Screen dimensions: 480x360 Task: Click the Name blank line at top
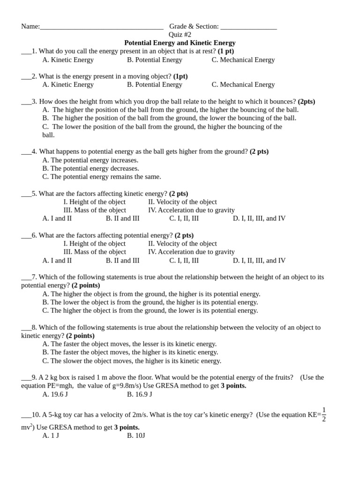(x=101, y=27)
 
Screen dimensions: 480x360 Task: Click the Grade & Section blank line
(x=248, y=27)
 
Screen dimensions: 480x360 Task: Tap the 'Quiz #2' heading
(x=180, y=35)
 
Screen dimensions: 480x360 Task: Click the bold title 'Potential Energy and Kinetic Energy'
(x=180, y=43)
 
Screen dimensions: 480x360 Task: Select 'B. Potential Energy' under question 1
(x=154, y=60)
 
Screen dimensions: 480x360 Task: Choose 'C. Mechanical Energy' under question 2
(x=243, y=84)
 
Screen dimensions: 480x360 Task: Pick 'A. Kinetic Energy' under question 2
(x=68, y=84)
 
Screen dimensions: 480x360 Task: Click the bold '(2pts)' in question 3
(x=306, y=101)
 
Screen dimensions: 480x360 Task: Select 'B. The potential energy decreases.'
(x=90, y=168)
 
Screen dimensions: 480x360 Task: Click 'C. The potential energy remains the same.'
(x=101, y=177)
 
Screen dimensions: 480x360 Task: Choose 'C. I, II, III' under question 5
(x=184, y=218)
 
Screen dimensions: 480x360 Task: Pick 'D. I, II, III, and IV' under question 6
(x=259, y=261)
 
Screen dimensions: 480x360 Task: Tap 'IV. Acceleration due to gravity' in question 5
(x=191, y=210)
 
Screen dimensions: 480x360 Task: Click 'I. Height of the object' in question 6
(x=94, y=244)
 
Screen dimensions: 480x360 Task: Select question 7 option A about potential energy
(x=151, y=294)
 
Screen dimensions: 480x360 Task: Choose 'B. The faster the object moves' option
(x=130, y=352)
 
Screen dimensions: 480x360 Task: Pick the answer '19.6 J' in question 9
(x=55, y=394)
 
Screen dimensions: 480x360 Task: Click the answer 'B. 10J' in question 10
(x=136, y=435)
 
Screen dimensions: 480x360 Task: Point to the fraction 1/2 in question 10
(x=323, y=414)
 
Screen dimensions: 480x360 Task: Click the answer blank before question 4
(x=26, y=152)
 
